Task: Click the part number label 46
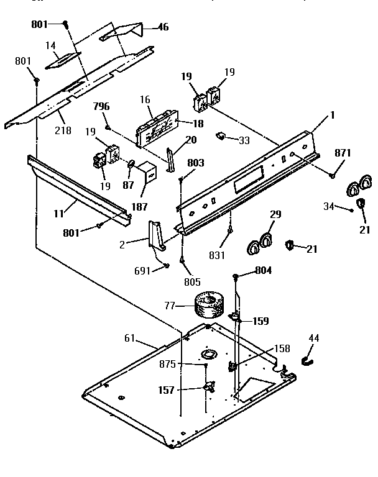[163, 27]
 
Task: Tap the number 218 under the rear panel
[63, 130]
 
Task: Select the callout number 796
[101, 106]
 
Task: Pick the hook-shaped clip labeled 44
[307, 360]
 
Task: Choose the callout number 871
[343, 153]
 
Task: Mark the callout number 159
[260, 322]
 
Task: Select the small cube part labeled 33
[221, 136]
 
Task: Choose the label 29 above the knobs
[275, 215]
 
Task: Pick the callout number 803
[195, 163]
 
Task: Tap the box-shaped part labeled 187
[148, 173]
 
